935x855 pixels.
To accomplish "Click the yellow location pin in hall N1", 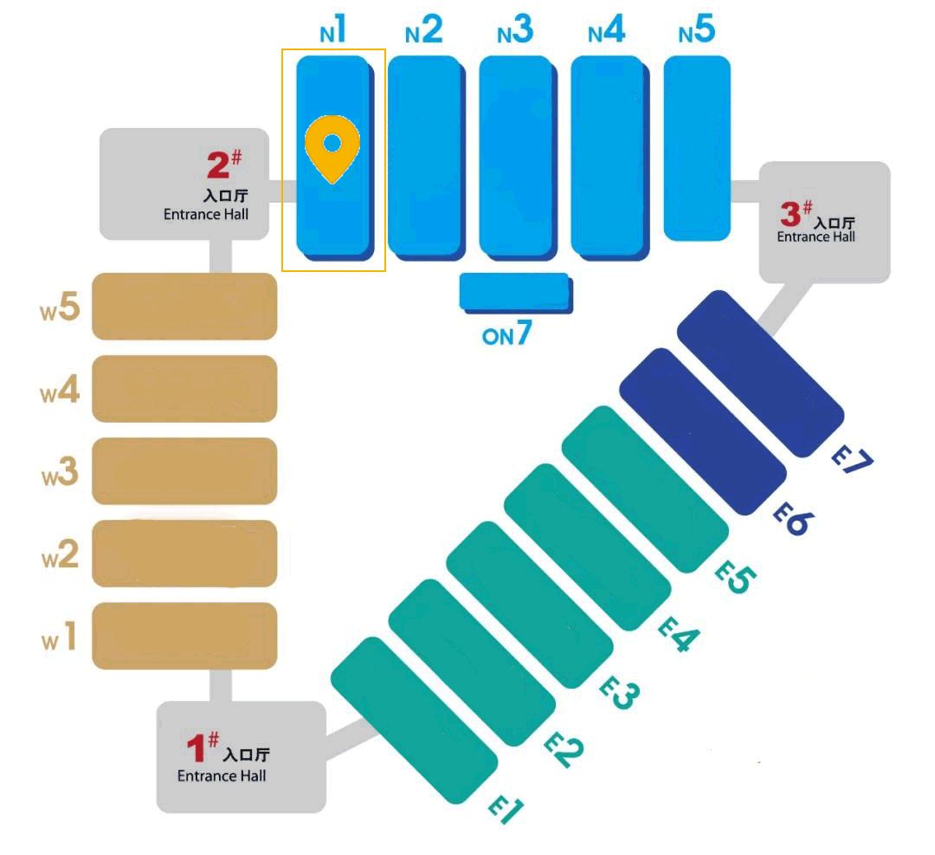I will pyautogui.click(x=332, y=146).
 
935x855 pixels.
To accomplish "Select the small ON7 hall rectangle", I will pyautogui.click(x=514, y=292).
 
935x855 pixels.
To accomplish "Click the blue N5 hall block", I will pyautogui.click(x=696, y=147).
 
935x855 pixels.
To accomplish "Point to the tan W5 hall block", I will pyautogui.click(x=184, y=307).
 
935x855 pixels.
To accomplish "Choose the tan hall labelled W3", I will pyautogui.click(x=184, y=471).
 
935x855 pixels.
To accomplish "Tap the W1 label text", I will pyautogui.click(x=61, y=639).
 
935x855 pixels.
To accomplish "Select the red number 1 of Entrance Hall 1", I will pyautogui.click(x=197, y=748).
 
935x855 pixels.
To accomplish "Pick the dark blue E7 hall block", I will pyautogui.click(x=760, y=373).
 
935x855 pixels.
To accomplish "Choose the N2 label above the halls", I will pyautogui.click(x=424, y=32).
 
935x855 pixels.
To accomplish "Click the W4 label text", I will pyautogui.click(x=61, y=392).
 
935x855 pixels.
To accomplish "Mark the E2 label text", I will pyautogui.click(x=564, y=748).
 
